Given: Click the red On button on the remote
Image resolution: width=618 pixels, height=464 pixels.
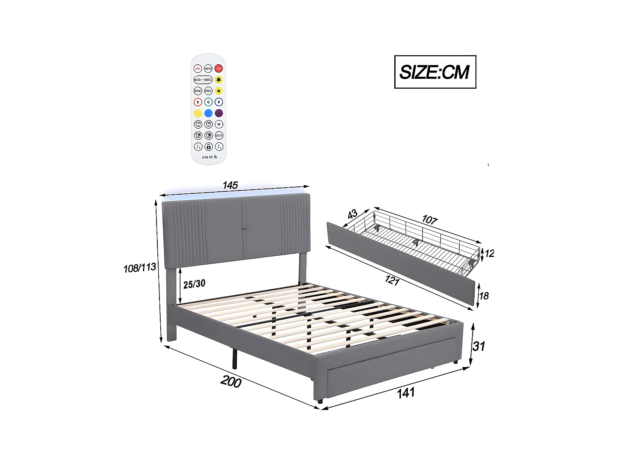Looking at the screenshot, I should (219, 68).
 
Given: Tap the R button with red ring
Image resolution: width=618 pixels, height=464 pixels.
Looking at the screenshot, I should (198, 102).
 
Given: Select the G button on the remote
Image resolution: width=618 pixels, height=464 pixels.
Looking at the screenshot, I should (208, 102).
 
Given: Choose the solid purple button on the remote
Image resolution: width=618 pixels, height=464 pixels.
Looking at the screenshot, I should (219, 113).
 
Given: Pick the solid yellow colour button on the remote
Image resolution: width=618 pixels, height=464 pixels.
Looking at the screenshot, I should (198, 113).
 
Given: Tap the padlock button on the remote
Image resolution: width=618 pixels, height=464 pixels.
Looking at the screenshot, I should (208, 146).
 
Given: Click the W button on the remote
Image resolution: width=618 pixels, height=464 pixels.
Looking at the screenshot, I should (219, 124).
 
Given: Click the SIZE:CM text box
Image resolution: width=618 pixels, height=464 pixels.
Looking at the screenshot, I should (435, 72).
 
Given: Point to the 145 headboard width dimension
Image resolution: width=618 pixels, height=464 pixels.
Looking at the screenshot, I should (230, 186).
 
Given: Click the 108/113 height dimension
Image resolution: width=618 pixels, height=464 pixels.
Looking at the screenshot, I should (140, 268).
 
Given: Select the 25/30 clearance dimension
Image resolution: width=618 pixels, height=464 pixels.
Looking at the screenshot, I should (194, 284).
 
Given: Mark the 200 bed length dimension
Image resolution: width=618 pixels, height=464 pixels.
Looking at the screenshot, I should (231, 382).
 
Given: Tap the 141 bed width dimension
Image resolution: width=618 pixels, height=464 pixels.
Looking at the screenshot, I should (405, 393).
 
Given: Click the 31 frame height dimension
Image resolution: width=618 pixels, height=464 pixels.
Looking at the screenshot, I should (478, 346).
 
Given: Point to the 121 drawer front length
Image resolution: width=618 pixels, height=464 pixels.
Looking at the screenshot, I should (392, 280).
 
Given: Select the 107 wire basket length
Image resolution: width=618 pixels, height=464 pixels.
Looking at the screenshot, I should (429, 220).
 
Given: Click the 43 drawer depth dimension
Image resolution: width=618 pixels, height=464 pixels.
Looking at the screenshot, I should (352, 214).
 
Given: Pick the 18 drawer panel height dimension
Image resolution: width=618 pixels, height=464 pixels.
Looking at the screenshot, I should (484, 296).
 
